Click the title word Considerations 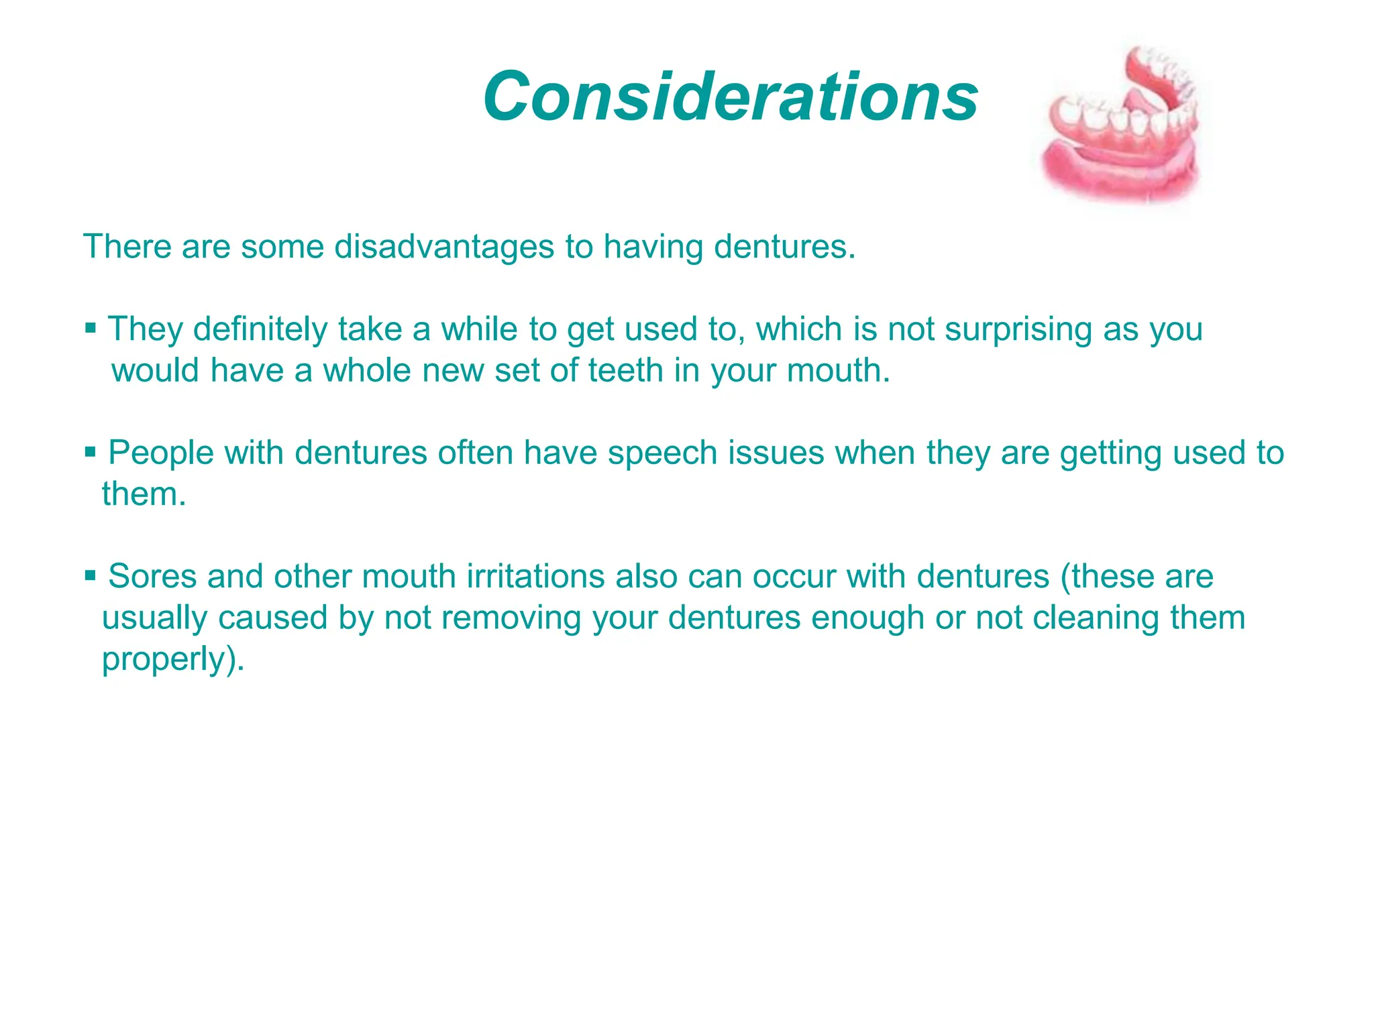[730, 97]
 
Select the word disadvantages [444, 247]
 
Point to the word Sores [152, 576]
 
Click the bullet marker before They [91, 329]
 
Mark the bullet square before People [91, 452]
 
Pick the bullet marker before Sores [91, 575]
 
